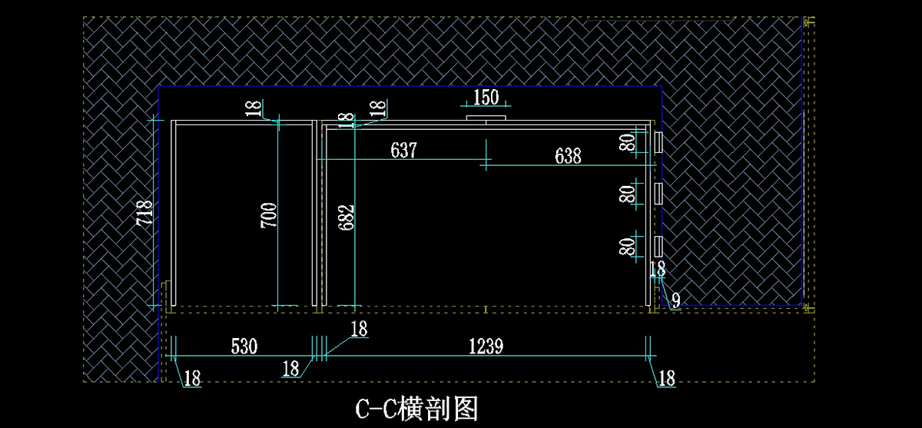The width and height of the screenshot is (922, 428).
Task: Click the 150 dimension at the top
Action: (486, 98)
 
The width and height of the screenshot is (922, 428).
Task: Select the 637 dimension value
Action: (403, 150)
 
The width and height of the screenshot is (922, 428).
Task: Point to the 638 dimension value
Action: (568, 156)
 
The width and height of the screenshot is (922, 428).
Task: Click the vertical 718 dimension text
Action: (144, 213)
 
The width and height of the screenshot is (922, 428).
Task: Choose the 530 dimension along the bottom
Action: (244, 347)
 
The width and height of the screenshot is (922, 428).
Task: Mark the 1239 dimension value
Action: (486, 347)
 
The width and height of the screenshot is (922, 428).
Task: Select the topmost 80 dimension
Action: (628, 143)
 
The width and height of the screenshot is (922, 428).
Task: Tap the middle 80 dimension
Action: (628, 194)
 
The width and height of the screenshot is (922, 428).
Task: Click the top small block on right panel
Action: (658, 143)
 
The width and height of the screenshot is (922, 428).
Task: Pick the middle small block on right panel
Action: (658, 194)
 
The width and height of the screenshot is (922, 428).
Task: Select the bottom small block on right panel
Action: (658, 247)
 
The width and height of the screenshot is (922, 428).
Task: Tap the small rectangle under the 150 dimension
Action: (486, 118)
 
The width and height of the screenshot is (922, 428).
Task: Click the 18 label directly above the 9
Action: (658, 269)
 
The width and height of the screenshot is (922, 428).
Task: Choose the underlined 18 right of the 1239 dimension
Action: (666, 378)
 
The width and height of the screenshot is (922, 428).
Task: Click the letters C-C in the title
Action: (376, 408)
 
